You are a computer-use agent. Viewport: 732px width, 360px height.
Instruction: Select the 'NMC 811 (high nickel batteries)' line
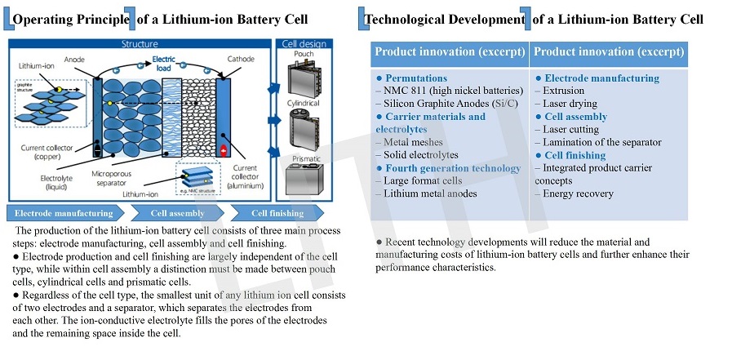coord(449,91)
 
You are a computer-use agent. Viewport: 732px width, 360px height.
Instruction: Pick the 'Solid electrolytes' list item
coord(417,155)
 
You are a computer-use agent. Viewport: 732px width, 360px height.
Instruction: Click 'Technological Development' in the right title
coord(445,18)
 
